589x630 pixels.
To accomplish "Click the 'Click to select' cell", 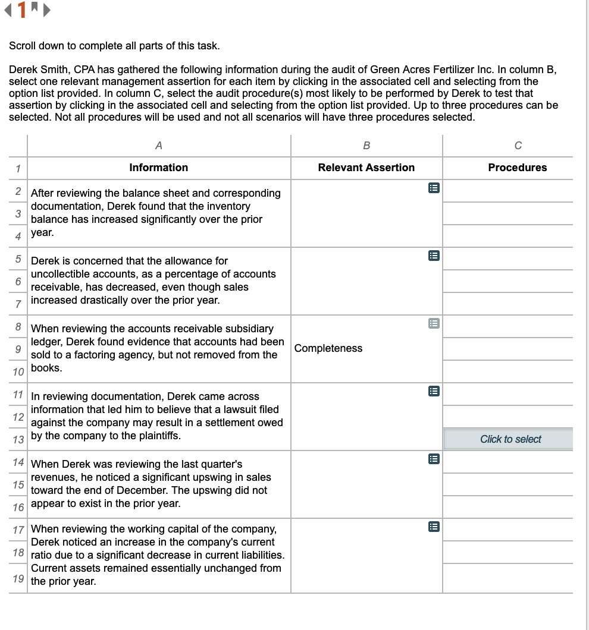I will click(x=510, y=439).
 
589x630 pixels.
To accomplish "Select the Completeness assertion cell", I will click(x=328, y=348).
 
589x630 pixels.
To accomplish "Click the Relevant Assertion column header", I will click(x=366, y=168).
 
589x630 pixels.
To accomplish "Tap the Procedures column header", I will click(x=517, y=168).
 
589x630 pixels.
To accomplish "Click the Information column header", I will click(x=158, y=168).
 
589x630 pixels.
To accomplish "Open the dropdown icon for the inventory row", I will click(x=434, y=188).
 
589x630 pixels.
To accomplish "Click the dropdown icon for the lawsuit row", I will click(x=434, y=392).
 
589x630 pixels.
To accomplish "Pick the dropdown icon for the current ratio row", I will click(x=434, y=527).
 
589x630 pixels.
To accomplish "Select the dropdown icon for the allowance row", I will click(x=434, y=256).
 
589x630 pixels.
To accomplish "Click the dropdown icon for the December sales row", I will click(x=434, y=459).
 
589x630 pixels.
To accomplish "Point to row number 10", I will click(x=18, y=372).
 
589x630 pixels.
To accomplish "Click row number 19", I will click(x=18, y=578).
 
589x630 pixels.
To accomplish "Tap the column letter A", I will click(x=158, y=146).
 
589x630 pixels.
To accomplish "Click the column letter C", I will click(x=518, y=146).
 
